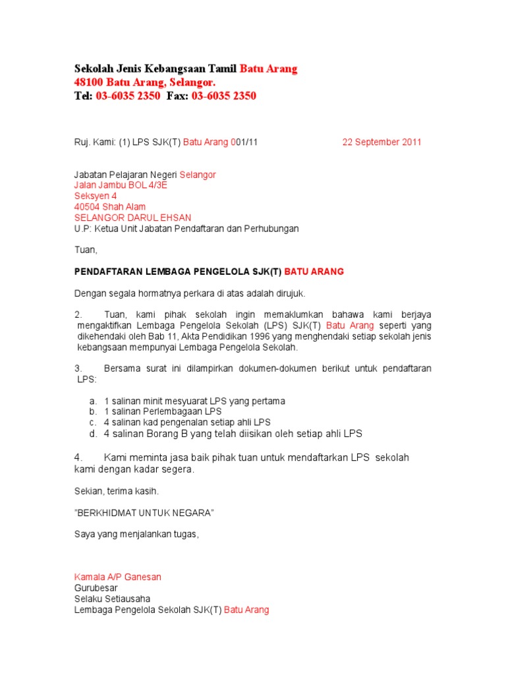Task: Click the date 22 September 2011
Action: point(381,142)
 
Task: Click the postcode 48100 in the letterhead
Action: point(88,82)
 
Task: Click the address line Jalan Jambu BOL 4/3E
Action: point(121,185)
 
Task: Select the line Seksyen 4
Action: point(95,196)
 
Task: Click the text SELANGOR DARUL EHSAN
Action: point(132,218)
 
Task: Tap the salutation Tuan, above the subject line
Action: point(86,250)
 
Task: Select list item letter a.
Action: point(93,401)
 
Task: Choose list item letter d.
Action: point(93,434)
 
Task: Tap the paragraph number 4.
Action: point(78,457)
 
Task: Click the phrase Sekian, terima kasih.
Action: point(117,491)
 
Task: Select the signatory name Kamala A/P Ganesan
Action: point(117,577)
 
